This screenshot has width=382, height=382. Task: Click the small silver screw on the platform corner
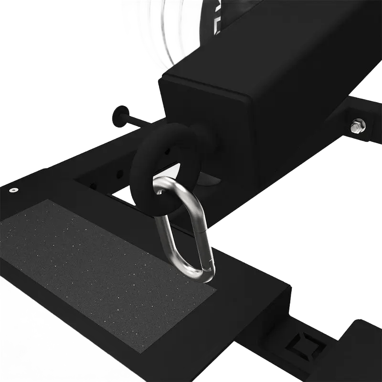point(12,190)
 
